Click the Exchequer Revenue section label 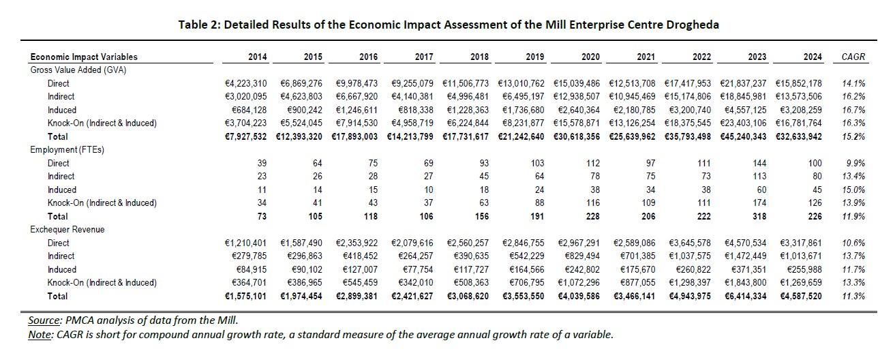[x=67, y=230]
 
